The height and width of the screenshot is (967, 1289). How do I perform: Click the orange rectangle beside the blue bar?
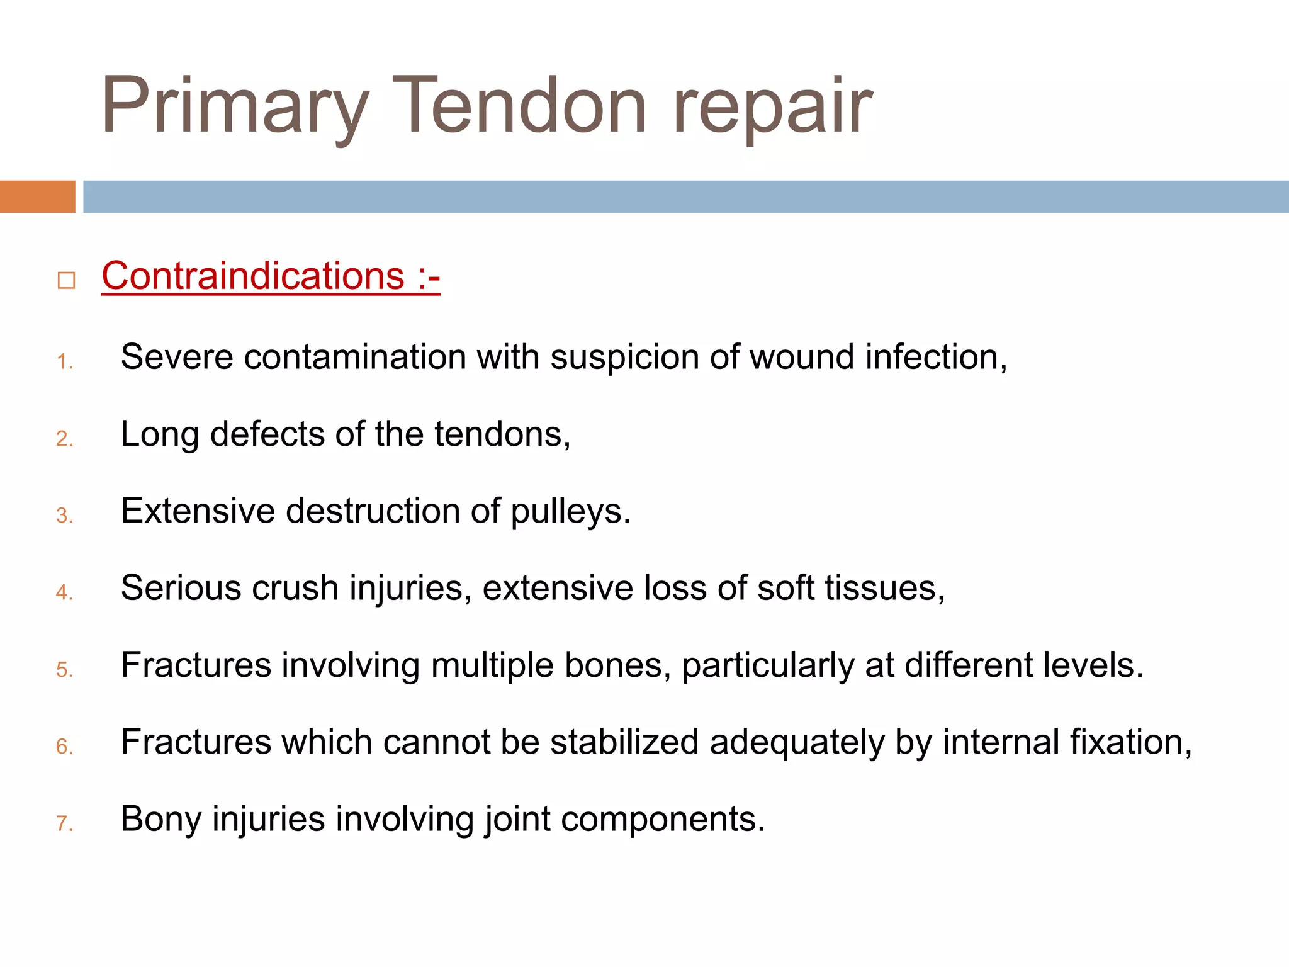[x=37, y=196]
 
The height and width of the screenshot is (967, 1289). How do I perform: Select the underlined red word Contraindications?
[x=253, y=276]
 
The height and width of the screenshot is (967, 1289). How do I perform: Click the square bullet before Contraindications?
[x=66, y=280]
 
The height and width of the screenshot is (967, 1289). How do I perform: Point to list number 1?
[x=64, y=362]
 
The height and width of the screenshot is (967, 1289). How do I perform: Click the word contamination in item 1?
[x=354, y=357]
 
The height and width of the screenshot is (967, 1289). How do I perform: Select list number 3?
[x=64, y=516]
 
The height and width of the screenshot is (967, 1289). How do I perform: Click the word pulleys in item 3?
[x=570, y=511]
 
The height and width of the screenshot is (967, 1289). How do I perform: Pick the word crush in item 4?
[x=295, y=588]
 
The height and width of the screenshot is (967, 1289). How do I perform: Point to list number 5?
[x=64, y=670]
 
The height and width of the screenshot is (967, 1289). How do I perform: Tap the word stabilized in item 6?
[x=624, y=742]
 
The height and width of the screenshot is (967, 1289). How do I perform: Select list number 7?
[x=64, y=823]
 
